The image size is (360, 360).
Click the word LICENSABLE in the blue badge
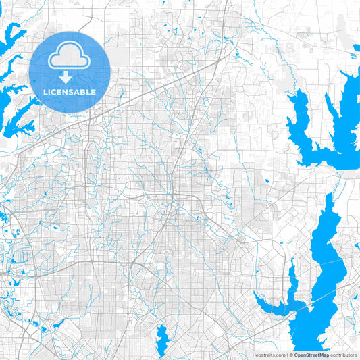coord(70,92)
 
